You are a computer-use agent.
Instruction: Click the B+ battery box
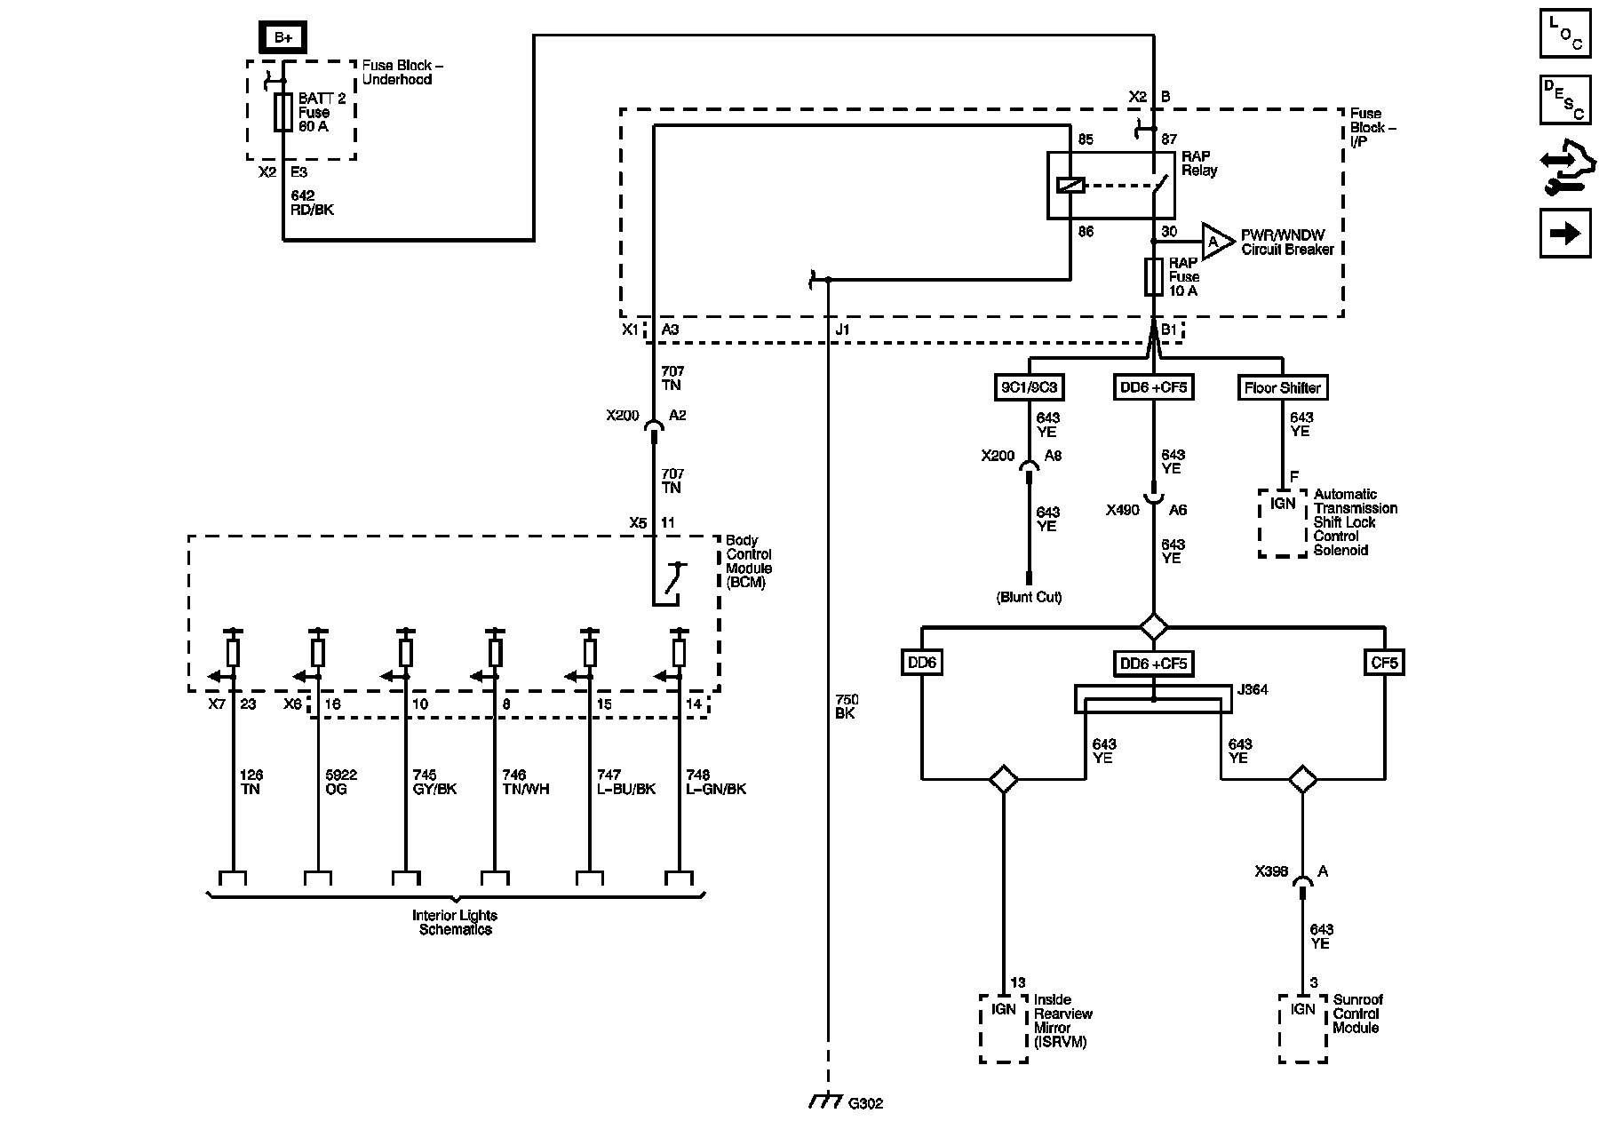[x=283, y=37]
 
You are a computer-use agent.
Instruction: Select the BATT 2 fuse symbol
[x=283, y=112]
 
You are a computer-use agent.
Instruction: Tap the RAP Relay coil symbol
[x=1070, y=186]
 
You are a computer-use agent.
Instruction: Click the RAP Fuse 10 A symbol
[x=1154, y=277]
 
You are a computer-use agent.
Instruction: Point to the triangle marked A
[x=1214, y=242]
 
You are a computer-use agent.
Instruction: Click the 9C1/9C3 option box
[x=1030, y=387]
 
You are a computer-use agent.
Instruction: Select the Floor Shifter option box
[x=1282, y=387]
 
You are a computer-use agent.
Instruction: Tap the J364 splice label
[x=1253, y=689]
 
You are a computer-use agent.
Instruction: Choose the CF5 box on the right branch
[x=1384, y=663]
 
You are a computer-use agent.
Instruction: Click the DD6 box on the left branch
[x=922, y=663]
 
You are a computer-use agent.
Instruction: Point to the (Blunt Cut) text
[x=1029, y=597]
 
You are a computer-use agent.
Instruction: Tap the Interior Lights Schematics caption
[x=455, y=922]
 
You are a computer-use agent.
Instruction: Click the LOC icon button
[x=1565, y=35]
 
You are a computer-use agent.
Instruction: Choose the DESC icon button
[x=1565, y=99]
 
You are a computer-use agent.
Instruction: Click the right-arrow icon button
[x=1565, y=233]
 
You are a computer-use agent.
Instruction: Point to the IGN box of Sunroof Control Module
[x=1303, y=1028]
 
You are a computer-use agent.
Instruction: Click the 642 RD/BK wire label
[x=312, y=203]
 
